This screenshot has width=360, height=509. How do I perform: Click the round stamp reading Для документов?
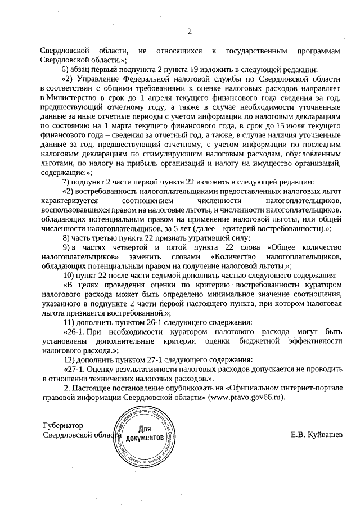[145, 438]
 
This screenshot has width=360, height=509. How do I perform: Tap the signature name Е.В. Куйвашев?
[316, 435]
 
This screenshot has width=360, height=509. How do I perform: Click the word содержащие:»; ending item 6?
[66, 172]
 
